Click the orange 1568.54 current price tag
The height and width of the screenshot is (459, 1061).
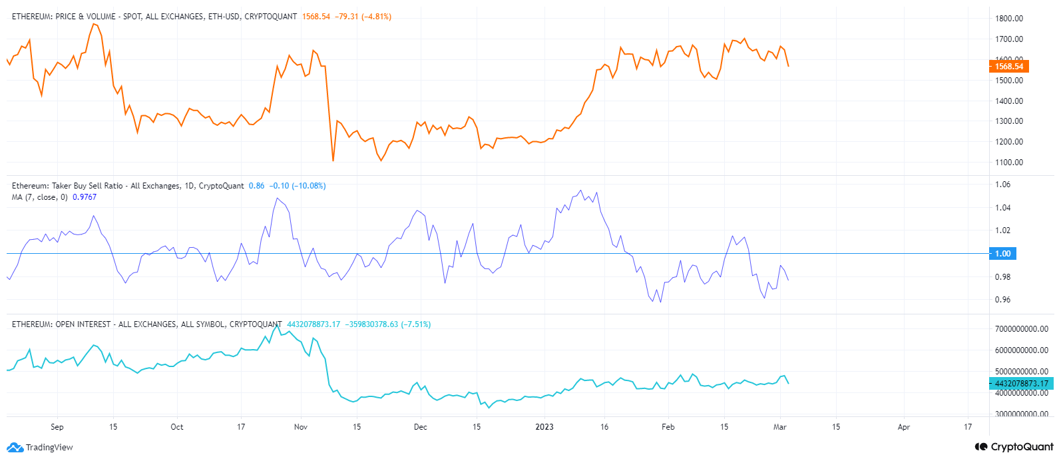pos(1009,67)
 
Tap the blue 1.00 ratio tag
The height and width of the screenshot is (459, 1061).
pos(1002,254)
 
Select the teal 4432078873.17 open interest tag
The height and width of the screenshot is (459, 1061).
pos(1021,384)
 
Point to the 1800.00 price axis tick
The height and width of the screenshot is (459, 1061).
pos(1009,19)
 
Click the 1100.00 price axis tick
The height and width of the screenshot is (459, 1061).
pos(1009,163)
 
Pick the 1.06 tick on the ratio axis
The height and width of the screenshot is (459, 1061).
pos(1002,185)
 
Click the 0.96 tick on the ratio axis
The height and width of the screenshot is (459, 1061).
pos(1002,300)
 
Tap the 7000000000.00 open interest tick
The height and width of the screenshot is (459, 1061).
pos(1021,329)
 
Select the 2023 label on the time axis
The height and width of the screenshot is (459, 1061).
pos(544,427)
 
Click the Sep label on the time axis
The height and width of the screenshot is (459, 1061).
pos(57,427)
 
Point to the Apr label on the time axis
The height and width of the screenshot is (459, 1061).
pos(903,427)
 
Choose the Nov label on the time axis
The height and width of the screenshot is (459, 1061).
pos(301,427)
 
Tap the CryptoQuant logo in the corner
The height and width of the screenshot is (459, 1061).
pos(1014,447)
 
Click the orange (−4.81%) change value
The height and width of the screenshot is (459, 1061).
pos(376,17)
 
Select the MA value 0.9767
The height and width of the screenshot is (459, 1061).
pos(85,197)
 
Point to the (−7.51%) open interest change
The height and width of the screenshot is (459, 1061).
pos(415,324)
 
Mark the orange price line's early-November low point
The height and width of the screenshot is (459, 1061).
pos(333,161)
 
